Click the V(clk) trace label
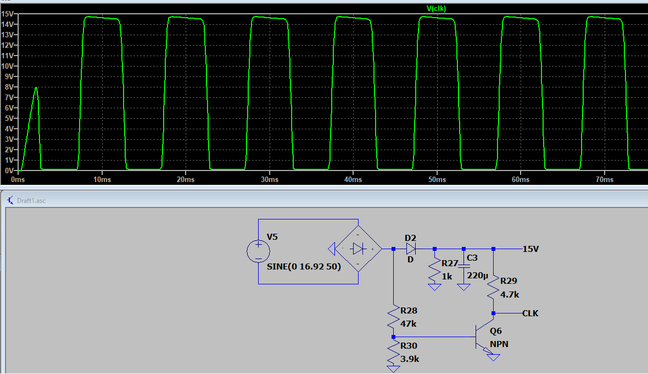(436, 8)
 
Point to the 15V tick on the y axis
(7, 14)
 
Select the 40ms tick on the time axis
(353, 179)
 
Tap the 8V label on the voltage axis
(9, 87)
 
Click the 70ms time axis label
(605, 179)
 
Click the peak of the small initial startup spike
(36, 87)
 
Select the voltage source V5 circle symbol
(258, 251)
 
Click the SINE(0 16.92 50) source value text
(304, 266)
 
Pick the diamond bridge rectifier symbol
(358, 249)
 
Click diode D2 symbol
(411, 249)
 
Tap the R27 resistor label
(450, 263)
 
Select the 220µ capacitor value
(477, 276)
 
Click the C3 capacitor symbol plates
(463, 266)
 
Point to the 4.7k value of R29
(510, 295)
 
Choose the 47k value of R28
(409, 323)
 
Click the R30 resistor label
(409, 345)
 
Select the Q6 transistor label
(495, 331)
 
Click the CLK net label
(530, 313)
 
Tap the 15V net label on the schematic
(530, 249)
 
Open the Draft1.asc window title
(31, 201)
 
